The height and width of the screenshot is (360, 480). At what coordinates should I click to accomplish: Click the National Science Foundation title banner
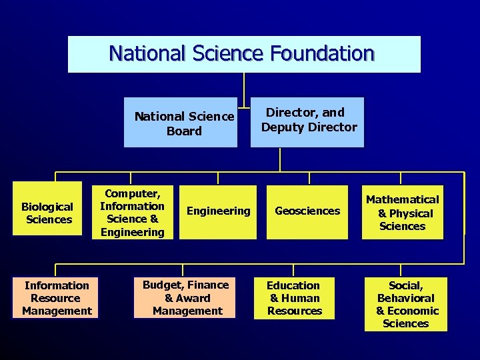244,54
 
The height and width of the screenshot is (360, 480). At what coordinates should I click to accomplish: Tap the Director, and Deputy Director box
308,122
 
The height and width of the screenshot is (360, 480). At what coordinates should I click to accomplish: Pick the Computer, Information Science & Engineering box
132,211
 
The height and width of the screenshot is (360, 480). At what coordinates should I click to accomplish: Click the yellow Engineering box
218,212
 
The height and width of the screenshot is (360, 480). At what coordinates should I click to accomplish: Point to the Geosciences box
307,212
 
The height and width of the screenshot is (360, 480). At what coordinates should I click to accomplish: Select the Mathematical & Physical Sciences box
402,212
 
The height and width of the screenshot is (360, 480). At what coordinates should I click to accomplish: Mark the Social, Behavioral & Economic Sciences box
406,304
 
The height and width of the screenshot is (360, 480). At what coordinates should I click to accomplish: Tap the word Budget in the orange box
161,285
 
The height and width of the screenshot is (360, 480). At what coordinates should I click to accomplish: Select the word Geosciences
307,211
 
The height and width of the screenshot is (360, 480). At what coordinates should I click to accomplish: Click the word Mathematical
402,199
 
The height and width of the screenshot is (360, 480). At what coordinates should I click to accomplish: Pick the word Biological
47,207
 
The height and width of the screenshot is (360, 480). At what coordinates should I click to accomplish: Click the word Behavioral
405,298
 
